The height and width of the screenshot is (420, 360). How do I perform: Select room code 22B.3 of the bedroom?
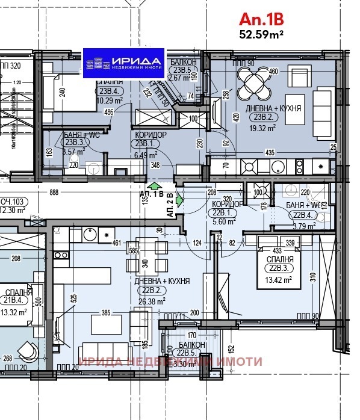tap(279, 269)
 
